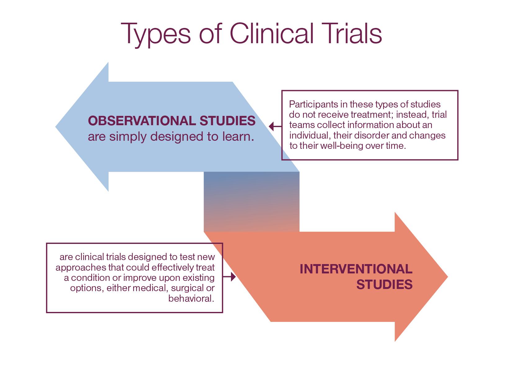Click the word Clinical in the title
272,34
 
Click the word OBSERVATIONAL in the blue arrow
142,121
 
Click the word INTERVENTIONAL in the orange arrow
356,269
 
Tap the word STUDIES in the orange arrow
384,285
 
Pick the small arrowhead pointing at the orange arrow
233,277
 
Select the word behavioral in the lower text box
191,299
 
